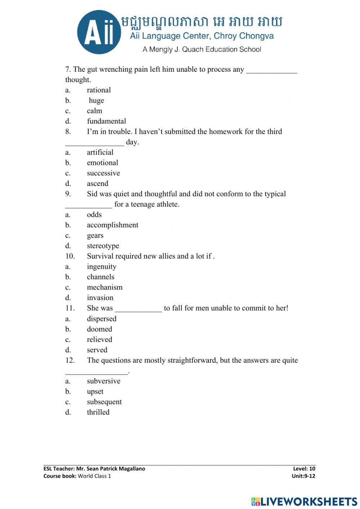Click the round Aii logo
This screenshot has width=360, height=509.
click(99, 32)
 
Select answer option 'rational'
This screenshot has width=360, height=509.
click(99, 90)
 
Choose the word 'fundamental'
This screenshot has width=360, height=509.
click(106, 121)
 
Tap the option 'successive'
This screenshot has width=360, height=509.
click(103, 173)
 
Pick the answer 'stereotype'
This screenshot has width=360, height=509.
click(103, 246)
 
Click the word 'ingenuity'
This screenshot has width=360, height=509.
click(102, 267)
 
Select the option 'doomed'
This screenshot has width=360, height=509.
click(99, 329)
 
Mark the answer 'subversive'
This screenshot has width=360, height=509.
click(103, 381)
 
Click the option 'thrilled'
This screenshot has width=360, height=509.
click(98, 412)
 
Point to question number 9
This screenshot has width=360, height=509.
click(68, 194)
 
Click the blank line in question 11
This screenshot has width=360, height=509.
click(138, 310)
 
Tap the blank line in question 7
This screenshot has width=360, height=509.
click(271, 71)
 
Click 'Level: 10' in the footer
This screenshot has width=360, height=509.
click(304, 469)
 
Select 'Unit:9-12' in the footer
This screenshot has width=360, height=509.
click(303, 476)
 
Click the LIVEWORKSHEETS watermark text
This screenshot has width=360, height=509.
click(309, 501)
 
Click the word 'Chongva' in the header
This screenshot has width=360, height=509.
click(256, 36)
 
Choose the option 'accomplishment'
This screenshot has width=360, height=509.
click(112, 225)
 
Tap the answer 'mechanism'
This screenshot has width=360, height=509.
click(104, 287)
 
